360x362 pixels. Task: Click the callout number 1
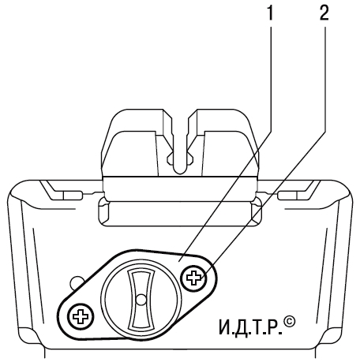[x=269, y=13]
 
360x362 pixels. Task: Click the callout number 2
[x=324, y=13]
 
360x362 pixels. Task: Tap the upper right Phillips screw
[x=193, y=278]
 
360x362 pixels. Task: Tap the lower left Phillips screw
[x=81, y=317]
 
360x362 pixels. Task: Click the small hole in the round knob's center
[x=141, y=299]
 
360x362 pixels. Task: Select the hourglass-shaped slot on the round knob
[x=141, y=299]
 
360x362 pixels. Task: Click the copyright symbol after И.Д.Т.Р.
[x=290, y=323]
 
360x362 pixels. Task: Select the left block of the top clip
[x=137, y=143]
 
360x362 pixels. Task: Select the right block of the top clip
[x=223, y=143]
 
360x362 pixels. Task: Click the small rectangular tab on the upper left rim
[x=72, y=195]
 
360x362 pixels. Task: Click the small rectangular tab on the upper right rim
[x=288, y=195]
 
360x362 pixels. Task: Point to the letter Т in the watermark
[x=257, y=327]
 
